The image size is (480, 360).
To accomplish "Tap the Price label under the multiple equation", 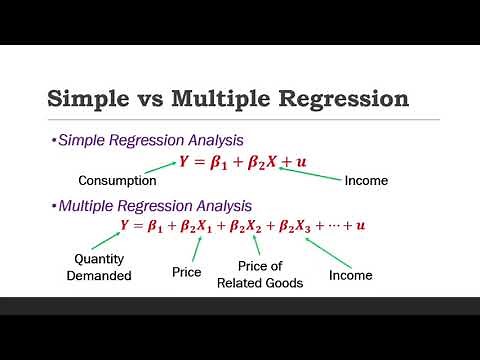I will [187, 272].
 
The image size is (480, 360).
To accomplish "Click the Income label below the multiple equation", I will [350, 274].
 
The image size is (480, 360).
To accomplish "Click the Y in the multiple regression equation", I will [124, 226].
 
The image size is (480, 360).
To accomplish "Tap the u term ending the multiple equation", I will [361, 226].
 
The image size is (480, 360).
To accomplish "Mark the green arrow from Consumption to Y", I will [158, 169].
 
